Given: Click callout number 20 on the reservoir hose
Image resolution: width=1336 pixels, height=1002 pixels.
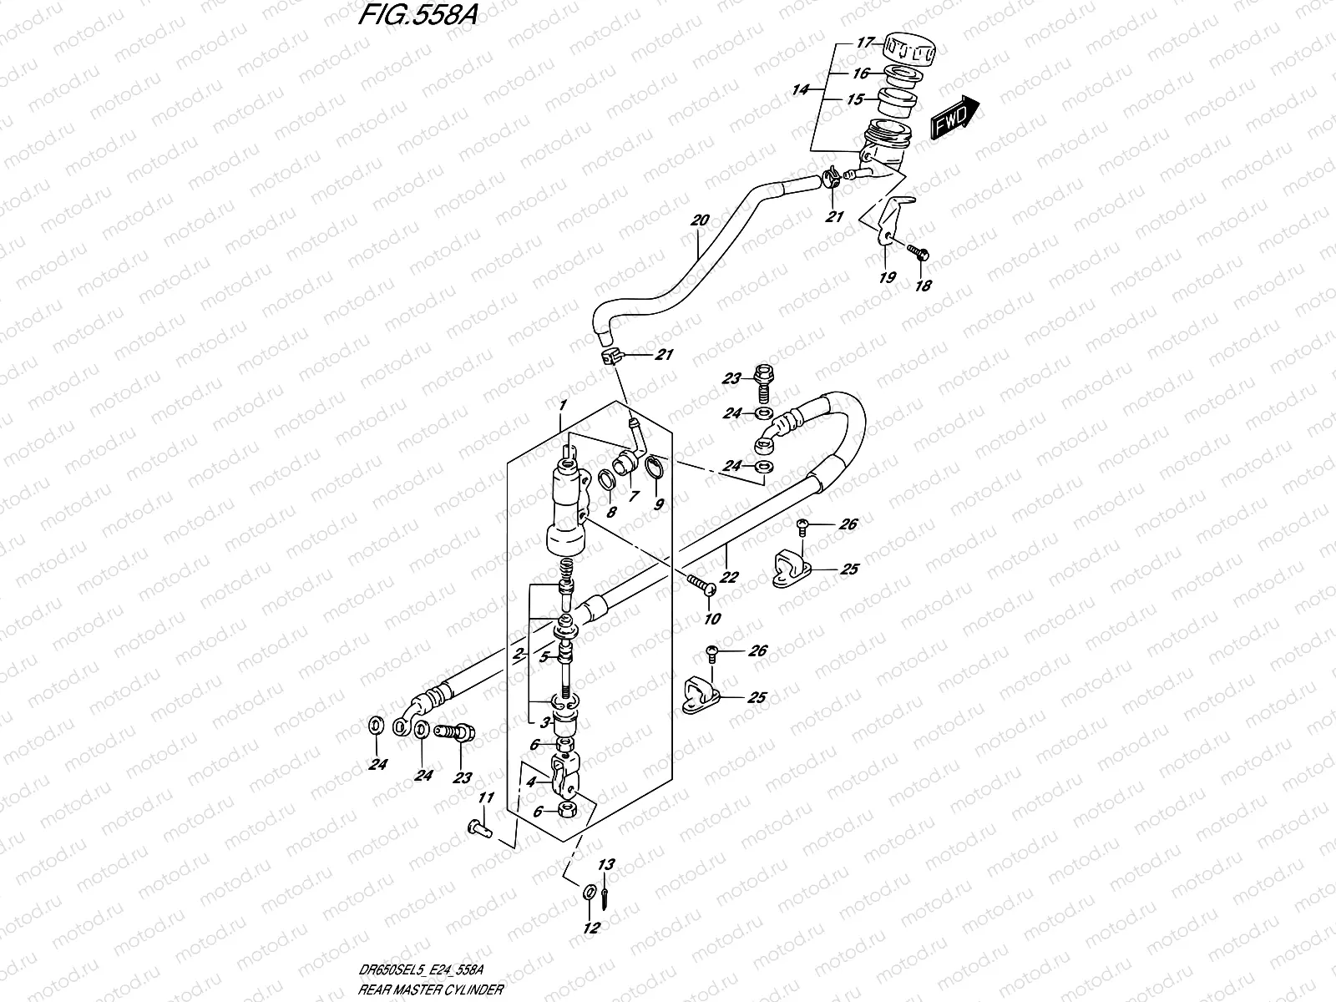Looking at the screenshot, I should pos(699,221).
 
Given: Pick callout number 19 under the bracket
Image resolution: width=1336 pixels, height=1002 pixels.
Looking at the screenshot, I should pos(887,276).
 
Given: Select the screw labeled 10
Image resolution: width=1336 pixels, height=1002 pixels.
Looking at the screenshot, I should pos(700,588).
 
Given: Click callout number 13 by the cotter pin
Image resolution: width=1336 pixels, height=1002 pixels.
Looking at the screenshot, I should pos(606,866).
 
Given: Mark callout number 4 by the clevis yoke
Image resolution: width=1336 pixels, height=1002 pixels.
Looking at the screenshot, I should pos(529,782).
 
